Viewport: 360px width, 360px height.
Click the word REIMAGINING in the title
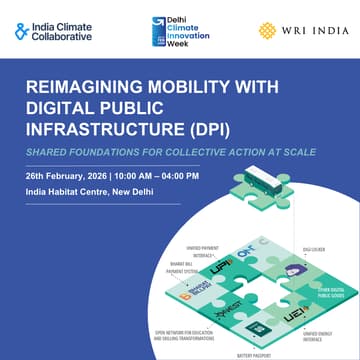pos(84,89)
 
